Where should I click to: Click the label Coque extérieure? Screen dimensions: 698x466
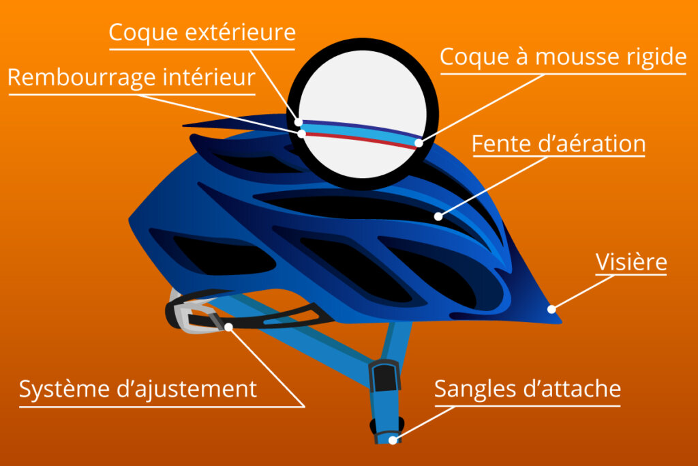click(x=202, y=33)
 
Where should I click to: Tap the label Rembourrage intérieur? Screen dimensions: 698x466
click(x=132, y=78)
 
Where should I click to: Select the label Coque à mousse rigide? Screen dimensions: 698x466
click(x=563, y=57)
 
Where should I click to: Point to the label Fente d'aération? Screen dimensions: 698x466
click(x=559, y=143)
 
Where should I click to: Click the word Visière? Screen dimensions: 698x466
click(x=631, y=261)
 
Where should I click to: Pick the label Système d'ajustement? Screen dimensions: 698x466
click(x=138, y=389)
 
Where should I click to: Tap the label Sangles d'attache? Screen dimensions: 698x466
click(x=528, y=388)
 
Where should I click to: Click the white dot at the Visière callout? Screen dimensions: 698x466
click(x=551, y=309)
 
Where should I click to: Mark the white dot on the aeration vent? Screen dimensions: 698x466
click(x=438, y=216)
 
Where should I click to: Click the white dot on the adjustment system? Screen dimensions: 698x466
click(x=228, y=327)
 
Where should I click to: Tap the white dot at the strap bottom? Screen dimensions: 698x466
click(x=393, y=440)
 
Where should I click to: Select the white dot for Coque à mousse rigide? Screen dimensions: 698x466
click(x=419, y=143)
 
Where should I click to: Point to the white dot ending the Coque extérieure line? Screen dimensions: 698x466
click(x=299, y=122)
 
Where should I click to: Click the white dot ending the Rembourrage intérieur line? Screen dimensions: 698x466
click(x=302, y=133)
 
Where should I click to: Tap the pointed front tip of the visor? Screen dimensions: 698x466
click(x=561, y=321)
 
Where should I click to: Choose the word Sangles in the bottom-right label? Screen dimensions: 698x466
click(x=475, y=389)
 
